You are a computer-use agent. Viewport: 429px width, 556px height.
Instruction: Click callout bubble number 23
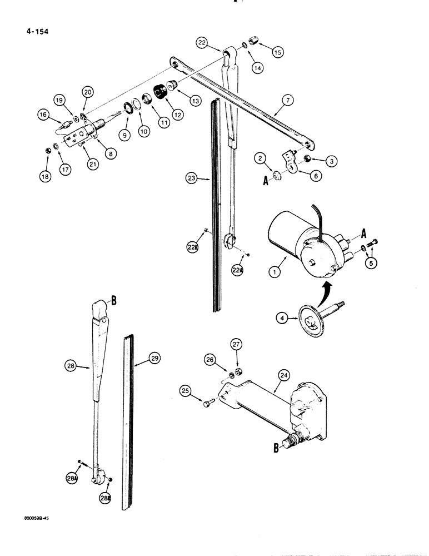pyautogui.click(x=192, y=179)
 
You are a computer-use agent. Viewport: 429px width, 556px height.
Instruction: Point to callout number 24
pyautogui.click(x=284, y=375)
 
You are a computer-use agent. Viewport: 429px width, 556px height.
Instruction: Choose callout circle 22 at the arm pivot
pyautogui.click(x=202, y=42)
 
